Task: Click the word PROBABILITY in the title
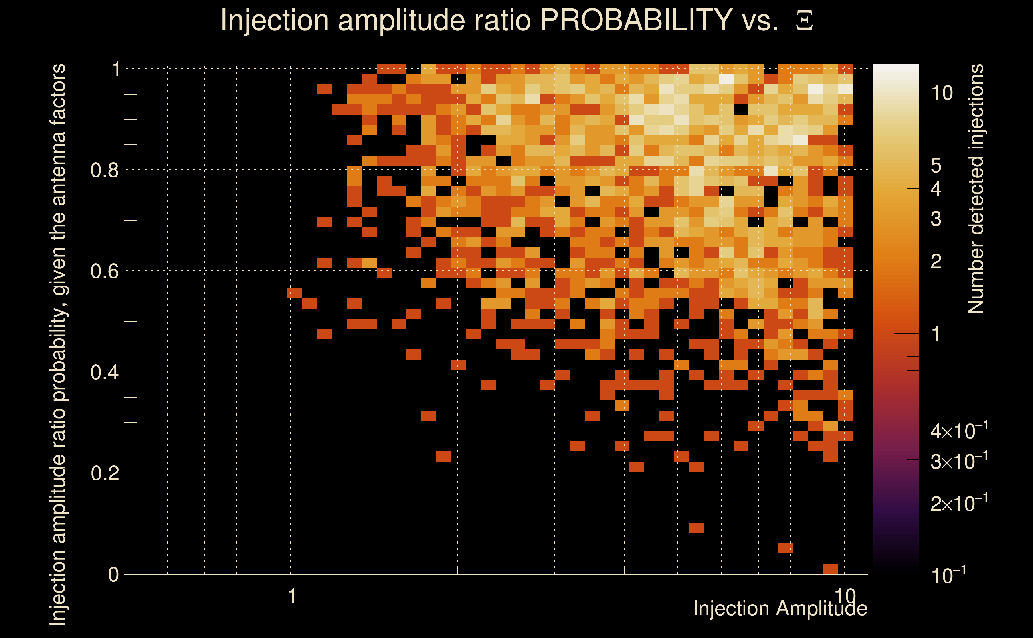[636, 20]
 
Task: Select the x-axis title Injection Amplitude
[780, 608]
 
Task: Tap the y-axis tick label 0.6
[105, 271]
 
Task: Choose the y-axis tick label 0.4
[105, 372]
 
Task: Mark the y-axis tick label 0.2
[105, 473]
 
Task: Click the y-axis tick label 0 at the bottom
[114, 574]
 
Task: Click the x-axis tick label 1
[291, 596]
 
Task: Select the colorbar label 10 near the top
[942, 93]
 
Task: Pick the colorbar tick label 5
[936, 166]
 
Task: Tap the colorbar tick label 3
[936, 219]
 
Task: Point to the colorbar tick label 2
[936, 262]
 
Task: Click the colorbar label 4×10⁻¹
[959, 430]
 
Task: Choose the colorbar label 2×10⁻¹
[959, 503]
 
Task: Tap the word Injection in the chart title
[275, 20]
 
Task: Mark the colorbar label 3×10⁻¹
[959, 461]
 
